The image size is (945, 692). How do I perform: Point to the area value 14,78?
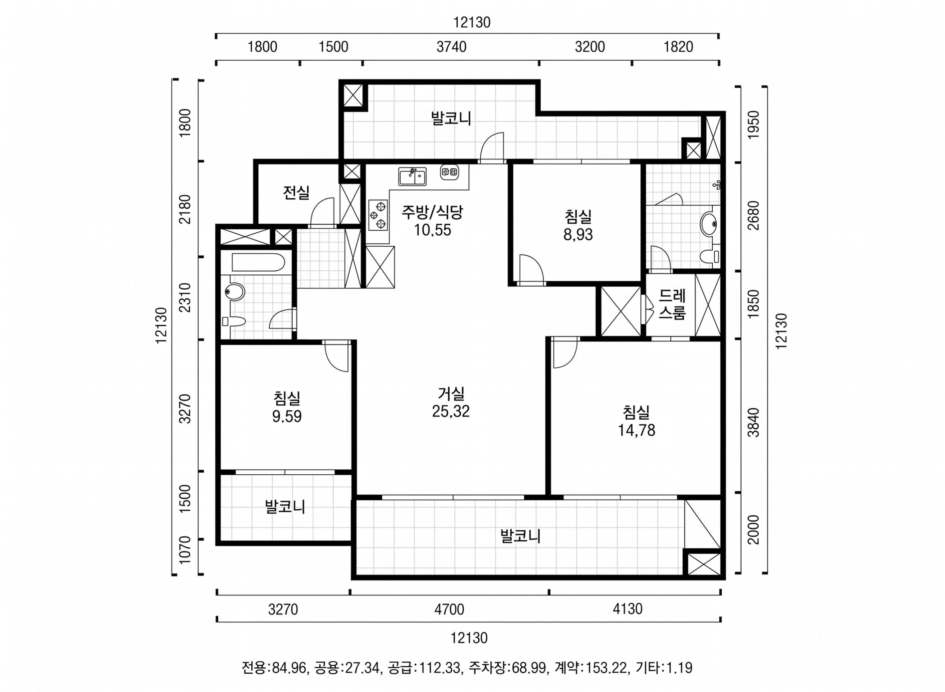click(636, 431)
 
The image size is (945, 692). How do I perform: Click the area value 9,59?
click(287, 417)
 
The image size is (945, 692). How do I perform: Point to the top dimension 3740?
click(451, 47)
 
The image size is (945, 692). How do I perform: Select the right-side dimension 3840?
click(753, 422)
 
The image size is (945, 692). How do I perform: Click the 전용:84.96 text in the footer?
click(274, 667)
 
